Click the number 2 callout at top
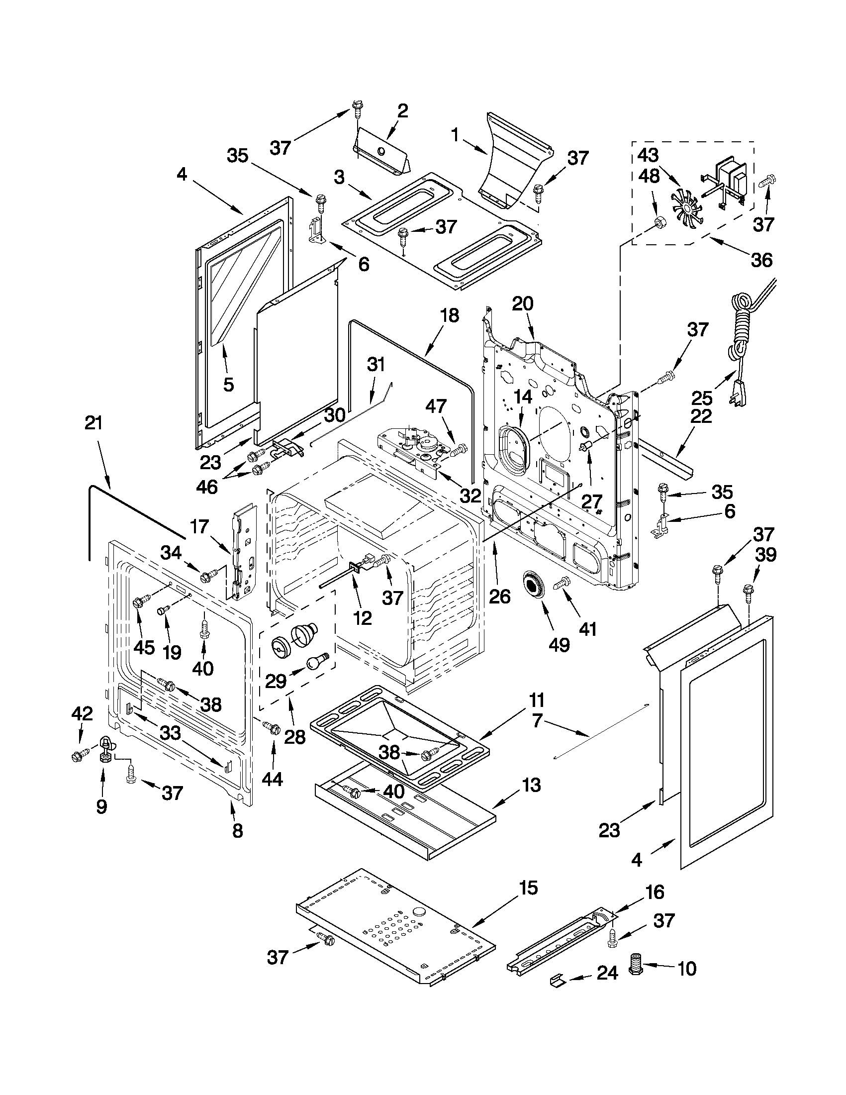pos(402,111)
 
